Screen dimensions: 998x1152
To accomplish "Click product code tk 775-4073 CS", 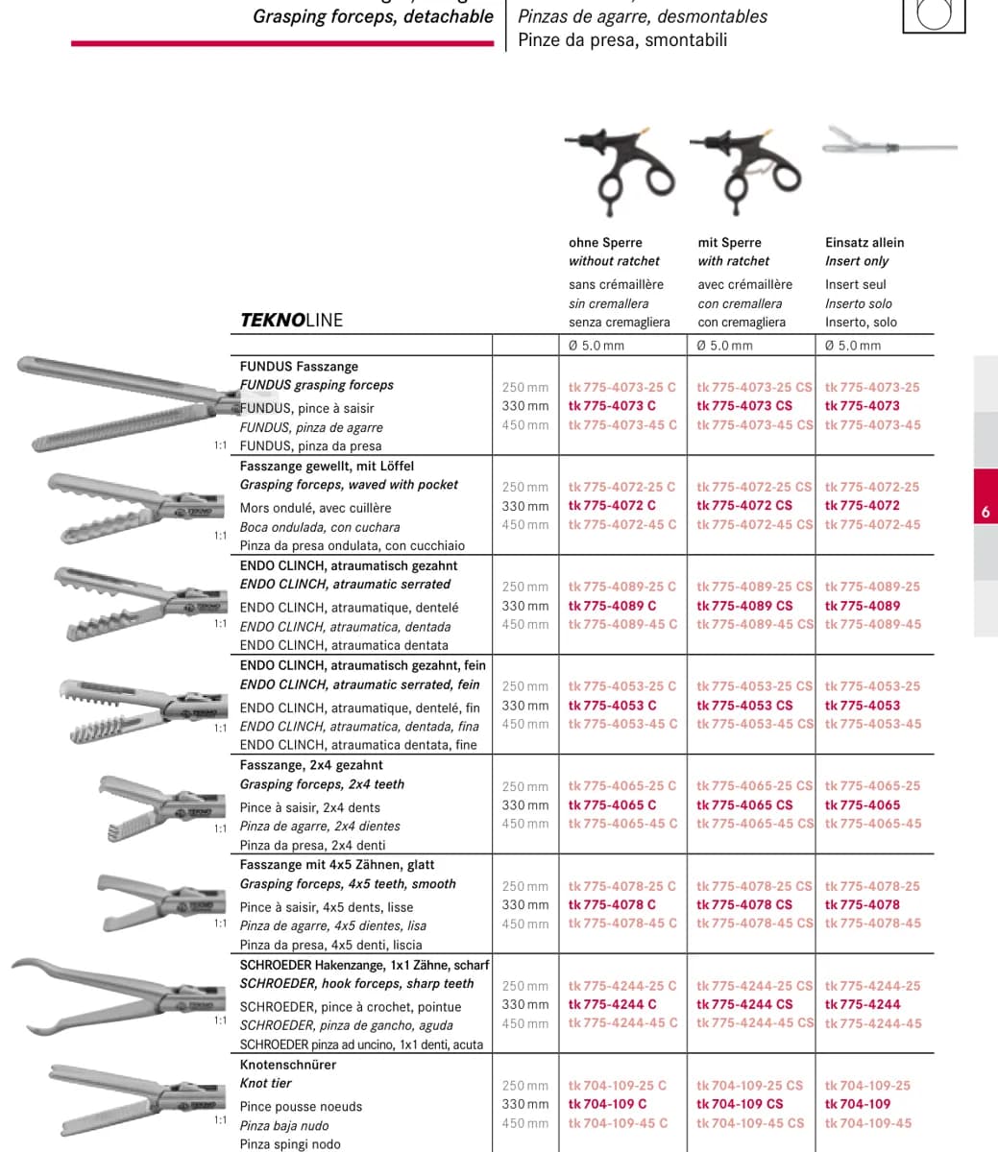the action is tap(744, 406).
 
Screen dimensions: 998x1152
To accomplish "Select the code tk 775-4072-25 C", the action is tap(621, 487).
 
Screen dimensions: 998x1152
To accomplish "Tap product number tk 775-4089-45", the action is tap(873, 624).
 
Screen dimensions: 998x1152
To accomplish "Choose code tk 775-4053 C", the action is tap(612, 705).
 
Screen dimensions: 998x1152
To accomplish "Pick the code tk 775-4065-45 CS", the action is tap(755, 823).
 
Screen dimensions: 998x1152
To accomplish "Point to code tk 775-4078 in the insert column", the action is tap(863, 904).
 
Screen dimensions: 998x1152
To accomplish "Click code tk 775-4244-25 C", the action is tap(622, 985).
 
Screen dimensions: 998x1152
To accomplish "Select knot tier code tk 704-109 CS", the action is tap(740, 1103).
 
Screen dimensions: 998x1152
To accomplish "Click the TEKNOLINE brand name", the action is tap(292, 320).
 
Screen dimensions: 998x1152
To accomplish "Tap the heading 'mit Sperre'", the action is tap(729, 243).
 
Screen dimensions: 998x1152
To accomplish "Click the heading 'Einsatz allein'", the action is tap(864, 243).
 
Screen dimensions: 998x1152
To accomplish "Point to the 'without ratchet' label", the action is tap(614, 261).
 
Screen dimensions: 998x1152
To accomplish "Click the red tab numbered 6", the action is tap(986, 496).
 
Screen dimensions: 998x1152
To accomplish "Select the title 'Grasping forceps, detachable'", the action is tap(373, 16).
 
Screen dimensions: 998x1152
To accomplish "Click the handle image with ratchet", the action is tap(746, 171).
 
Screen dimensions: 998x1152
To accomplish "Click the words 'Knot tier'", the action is tap(265, 1083).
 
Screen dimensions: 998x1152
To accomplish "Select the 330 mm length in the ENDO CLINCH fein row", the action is tap(524, 705).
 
